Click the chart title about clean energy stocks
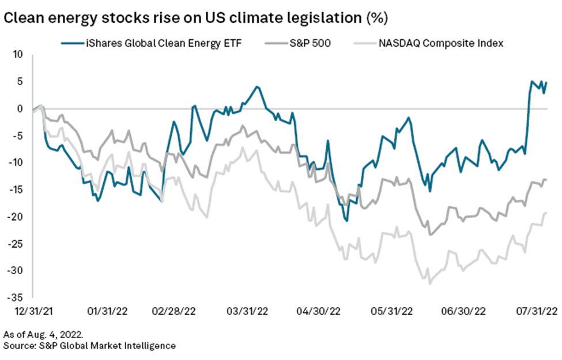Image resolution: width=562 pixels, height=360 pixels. (196, 18)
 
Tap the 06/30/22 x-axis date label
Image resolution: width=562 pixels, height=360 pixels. (464, 312)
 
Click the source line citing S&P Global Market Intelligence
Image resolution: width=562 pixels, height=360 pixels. (89, 346)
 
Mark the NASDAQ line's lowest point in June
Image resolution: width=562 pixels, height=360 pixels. (429, 283)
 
